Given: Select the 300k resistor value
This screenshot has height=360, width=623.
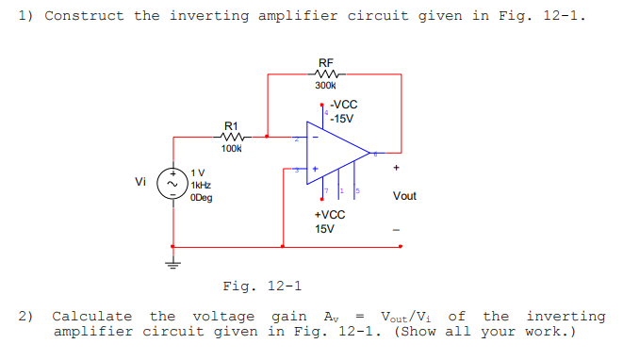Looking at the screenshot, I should [327, 87].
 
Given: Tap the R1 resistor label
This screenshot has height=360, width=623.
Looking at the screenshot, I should [231, 125].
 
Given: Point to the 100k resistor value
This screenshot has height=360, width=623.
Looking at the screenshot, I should [231, 148].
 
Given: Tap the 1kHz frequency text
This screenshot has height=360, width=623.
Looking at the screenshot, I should [200, 186].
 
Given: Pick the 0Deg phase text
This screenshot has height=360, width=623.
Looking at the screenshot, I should [200, 198].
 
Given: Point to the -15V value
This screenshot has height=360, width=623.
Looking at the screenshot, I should [341, 119].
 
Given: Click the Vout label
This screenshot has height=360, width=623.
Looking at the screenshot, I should [405, 196].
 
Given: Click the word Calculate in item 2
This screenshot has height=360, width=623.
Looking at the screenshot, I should [94, 317].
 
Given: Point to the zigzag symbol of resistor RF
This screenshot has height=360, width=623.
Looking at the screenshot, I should [327, 74].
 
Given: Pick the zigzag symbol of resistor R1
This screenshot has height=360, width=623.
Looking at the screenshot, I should [231, 137].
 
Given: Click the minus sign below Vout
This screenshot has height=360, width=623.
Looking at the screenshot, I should [400, 228].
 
